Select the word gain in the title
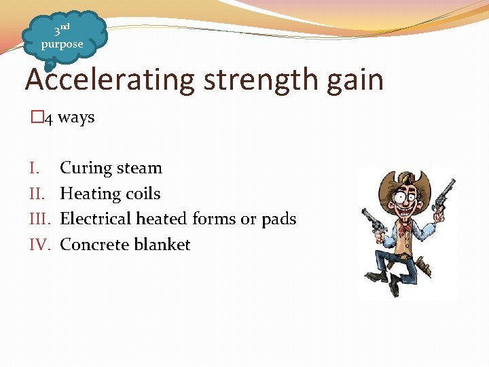(355, 81)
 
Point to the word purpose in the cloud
(62, 44)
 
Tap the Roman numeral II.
(37, 194)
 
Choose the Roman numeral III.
(40, 219)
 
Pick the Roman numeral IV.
(40, 245)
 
